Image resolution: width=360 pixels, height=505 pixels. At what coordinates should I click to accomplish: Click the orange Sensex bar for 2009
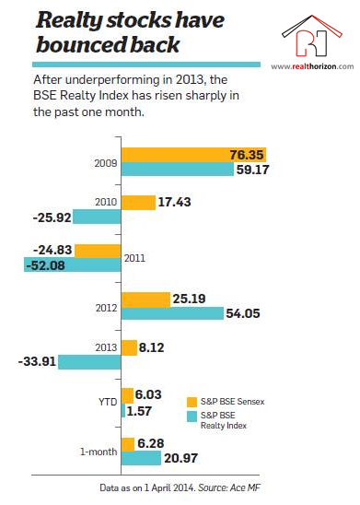pyautogui.click(x=193, y=155)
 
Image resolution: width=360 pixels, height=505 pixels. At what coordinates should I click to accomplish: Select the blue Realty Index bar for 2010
pyautogui.click(x=97, y=217)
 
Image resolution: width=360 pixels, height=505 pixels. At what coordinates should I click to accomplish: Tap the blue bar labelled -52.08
pyautogui.click(x=73, y=264)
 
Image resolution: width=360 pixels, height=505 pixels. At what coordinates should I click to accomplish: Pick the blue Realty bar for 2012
pyautogui.click(x=172, y=313)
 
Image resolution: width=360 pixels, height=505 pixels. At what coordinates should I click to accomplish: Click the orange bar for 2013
pyautogui.click(x=129, y=347)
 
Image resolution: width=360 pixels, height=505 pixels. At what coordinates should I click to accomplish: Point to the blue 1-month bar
pyautogui.click(x=141, y=458)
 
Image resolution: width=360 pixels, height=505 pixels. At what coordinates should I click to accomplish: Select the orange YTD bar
pyautogui.click(x=127, y=396)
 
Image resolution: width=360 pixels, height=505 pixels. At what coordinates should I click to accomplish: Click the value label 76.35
pyautogui.click(x=247, y=155)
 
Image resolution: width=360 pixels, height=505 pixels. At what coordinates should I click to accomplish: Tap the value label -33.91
pyautogui.click(x=38, y=361)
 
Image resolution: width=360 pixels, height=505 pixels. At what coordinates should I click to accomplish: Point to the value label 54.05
pyautogui.click(x=243, y=313)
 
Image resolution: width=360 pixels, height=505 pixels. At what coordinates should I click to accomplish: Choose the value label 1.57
pyautogui.click(x=139, y=411)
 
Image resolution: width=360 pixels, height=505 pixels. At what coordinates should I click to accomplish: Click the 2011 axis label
pyautogui.click(x=134, y=258)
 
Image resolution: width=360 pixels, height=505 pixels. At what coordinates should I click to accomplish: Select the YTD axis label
pyautogui.click(x=108, y=402)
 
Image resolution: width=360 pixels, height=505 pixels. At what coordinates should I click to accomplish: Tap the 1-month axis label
pyautogui.click(x=99, y=452)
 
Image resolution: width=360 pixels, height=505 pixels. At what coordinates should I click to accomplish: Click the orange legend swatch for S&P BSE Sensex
pyautogui.click(x=192, y=403)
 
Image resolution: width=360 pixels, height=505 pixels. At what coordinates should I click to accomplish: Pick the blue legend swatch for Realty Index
pyautogui.click(x=192, y=417)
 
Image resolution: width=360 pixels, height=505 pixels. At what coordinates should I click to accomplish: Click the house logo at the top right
pyautogui.click(x=312, y=36)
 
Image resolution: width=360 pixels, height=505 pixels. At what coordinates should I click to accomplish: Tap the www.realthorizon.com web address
pyautogui.click(x=312, y=66)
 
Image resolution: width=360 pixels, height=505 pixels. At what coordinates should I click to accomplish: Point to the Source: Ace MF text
pyautogui.click(x=228, y=487)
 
